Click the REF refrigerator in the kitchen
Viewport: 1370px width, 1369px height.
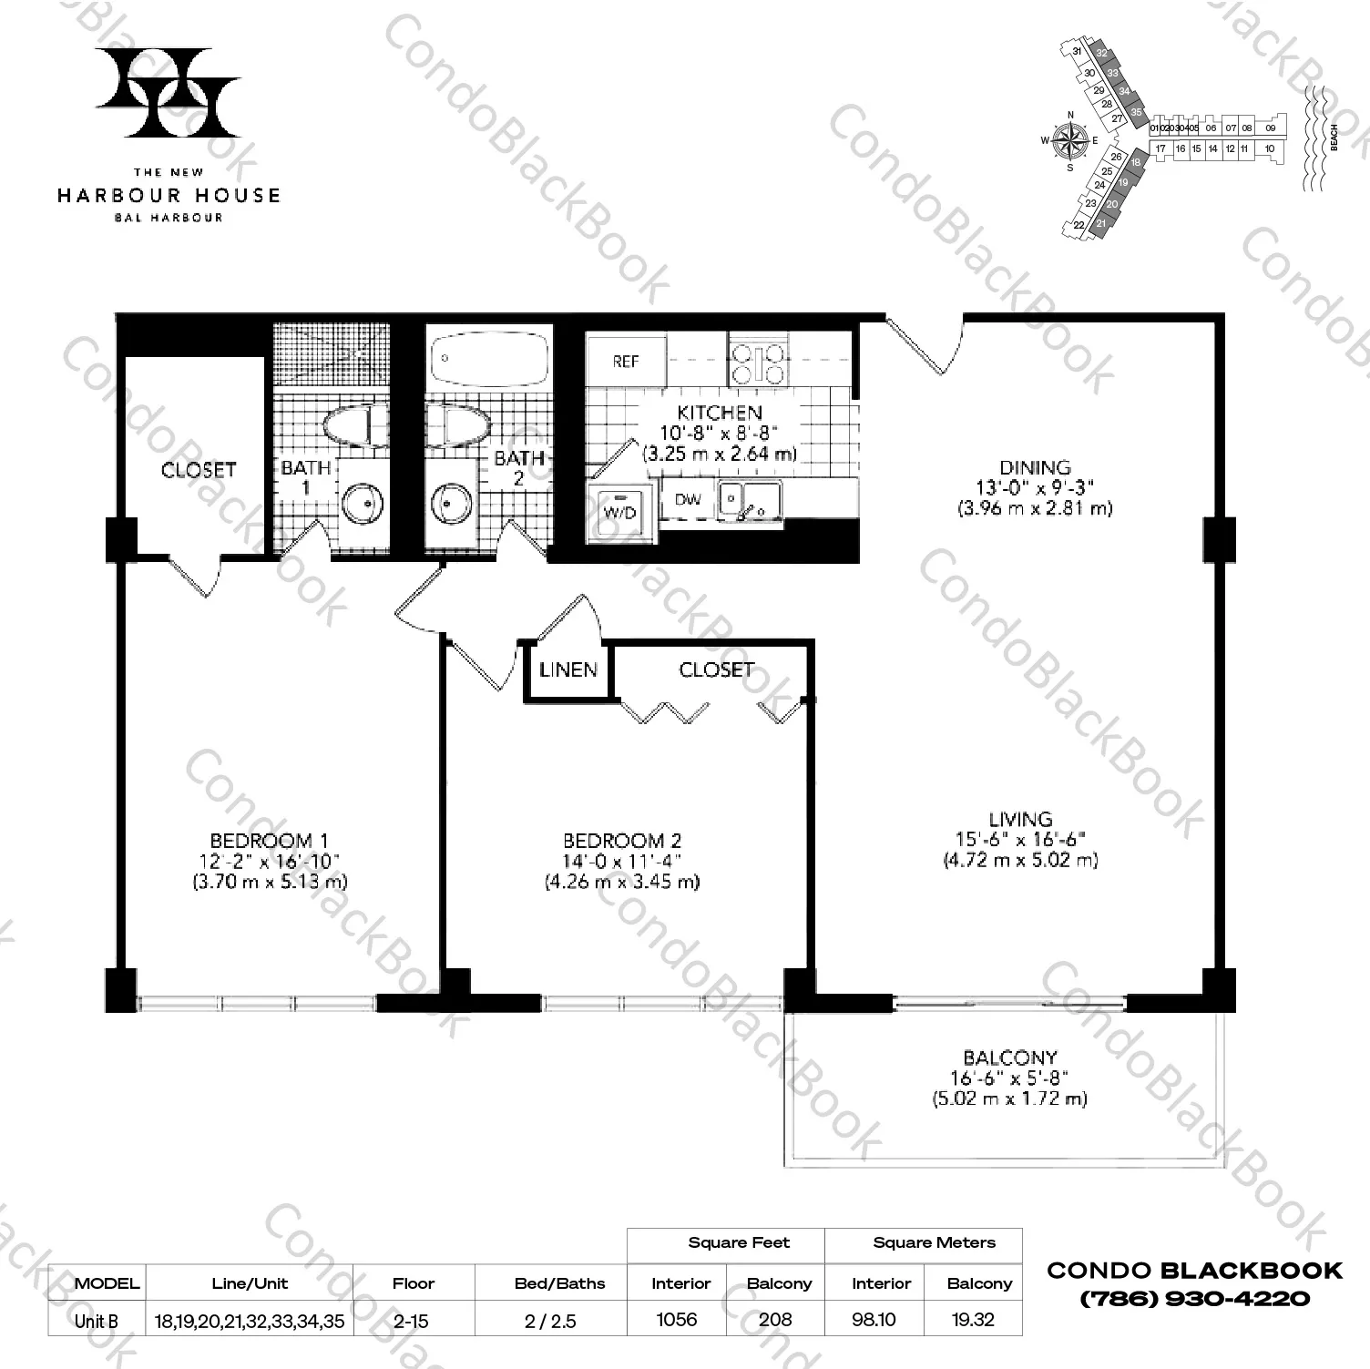tap(626, 362)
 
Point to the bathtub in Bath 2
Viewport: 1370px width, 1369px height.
tap(488, 357)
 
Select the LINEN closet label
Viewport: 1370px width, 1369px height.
tap(568, 670)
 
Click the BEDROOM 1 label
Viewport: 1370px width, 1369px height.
tap(269, 841)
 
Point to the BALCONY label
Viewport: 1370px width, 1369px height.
tap(1009, 1057)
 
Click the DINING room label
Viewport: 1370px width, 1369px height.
tap(1035, 467)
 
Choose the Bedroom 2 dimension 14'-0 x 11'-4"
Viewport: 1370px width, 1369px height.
tap(622, 861)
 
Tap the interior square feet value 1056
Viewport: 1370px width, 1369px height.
tap(676, 1320)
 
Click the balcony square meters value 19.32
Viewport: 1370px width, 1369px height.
tap(972, 1320)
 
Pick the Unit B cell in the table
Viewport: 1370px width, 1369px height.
tap(96, 1321)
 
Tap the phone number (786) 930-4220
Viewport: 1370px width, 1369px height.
tap(1195, 1298)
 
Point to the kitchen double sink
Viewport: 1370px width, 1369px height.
tap(750, 499)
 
